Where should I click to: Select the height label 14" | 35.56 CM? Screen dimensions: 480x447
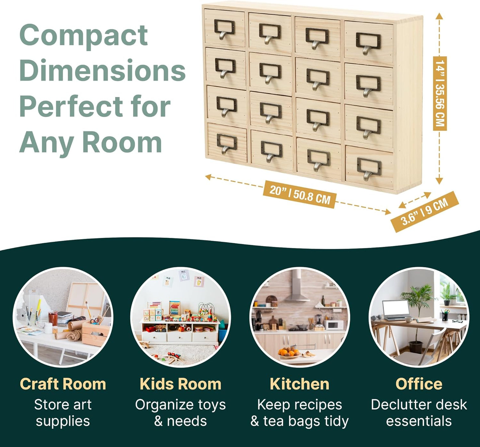pyautogui.click(x=439, y=93)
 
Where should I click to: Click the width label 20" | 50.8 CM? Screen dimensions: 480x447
pyautogui.click(x=299, y=194)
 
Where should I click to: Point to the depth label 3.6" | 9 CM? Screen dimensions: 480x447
pyautogui.click(x=425, y=212)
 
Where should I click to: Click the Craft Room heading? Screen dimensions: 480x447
pyautogui.click(x=63, y=384)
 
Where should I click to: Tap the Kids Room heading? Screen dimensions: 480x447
pyautogui.click(x=180, y=384)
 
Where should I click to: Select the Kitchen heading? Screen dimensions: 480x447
pyautogui.click(x=299, y=384)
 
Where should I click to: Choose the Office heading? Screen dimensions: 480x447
pyautogui.click(x=419, y=384)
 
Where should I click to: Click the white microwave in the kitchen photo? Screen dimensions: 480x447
pyautogui.click(x=334, y=325)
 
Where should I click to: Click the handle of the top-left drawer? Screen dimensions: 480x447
pyautogui.click(x=224, y=30)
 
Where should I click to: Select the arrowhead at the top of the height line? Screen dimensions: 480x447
pyautogui.click(x=439, y=16)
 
